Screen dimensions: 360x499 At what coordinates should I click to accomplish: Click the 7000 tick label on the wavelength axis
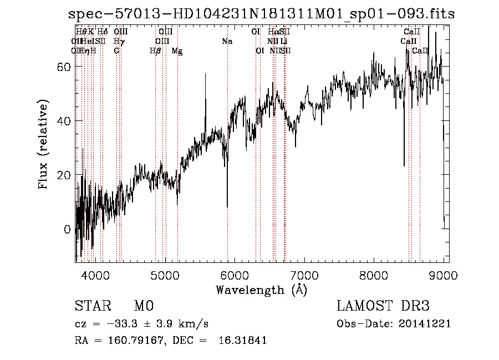(304, 275)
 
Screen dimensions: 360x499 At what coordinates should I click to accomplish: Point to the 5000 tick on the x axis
(165, 275)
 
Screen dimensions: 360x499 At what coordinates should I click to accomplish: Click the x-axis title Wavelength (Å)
(261, 290)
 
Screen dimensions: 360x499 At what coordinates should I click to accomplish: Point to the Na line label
(227, 42)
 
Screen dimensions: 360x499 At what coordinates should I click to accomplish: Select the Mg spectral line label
(177, 51)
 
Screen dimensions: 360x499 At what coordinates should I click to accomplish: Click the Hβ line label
(155, 51)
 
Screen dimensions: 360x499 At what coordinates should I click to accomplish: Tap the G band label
(116, 51)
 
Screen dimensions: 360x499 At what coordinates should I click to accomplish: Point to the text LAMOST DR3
(383, 306)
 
